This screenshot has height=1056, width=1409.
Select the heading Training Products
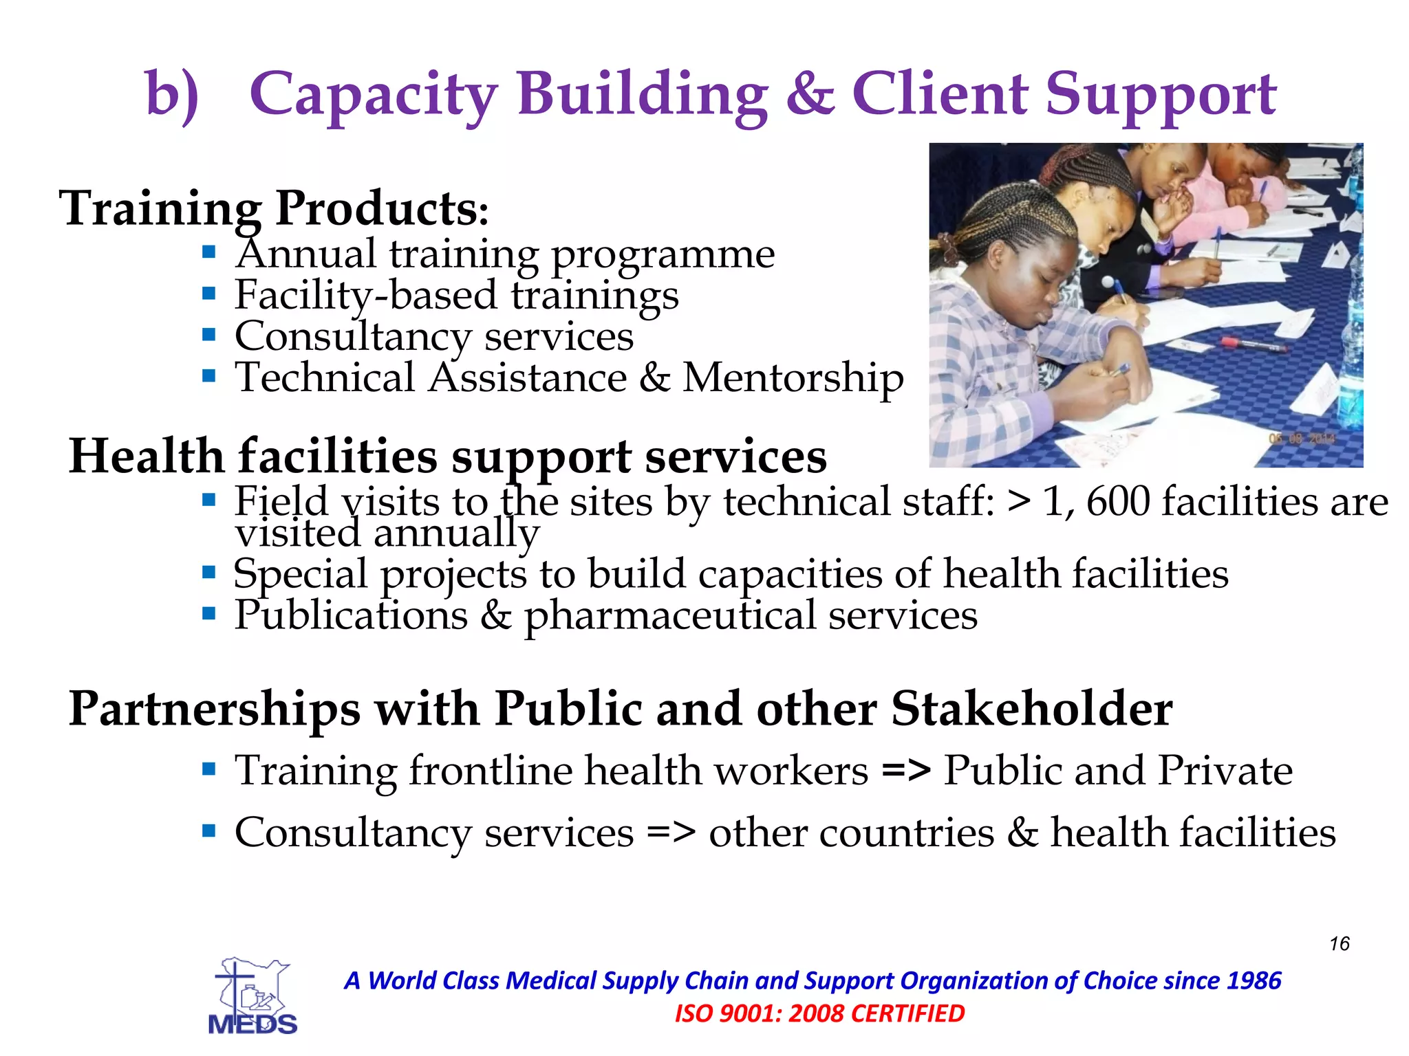pos(274,208)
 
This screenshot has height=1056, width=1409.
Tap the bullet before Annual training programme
pos(209,252)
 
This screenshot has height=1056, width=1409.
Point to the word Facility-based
pos(365,295)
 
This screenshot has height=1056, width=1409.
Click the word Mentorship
pos(793,377)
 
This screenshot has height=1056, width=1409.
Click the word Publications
pos(351,615)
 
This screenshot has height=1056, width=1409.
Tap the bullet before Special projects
pos(209,571)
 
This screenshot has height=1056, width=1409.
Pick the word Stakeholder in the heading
pos(1032,708)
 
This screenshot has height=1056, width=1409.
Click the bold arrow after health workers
pos(906,770)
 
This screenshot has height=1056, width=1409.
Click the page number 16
pos(1339,943)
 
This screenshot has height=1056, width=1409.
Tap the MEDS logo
pos(252,995)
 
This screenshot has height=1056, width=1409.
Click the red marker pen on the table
pos(1252,344)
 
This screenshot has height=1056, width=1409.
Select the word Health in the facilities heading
pos(147,456)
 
